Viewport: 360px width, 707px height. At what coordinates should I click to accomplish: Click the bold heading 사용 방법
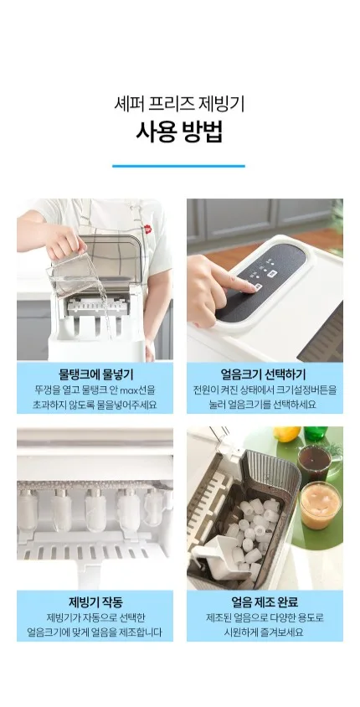click(179, 132)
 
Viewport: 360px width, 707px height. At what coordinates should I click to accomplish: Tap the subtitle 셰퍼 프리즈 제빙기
click(179, 104)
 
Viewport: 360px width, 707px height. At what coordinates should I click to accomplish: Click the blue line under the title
click(178, 166)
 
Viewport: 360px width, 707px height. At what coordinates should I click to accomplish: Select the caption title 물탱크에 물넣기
click(95, 374)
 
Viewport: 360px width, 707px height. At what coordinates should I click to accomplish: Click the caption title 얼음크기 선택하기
click(264, 374)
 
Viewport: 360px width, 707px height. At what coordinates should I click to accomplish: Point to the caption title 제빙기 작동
click(95, 602)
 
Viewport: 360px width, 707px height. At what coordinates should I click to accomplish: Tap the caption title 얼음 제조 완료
click(265, 602)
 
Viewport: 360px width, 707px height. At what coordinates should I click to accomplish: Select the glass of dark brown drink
click(315, 461)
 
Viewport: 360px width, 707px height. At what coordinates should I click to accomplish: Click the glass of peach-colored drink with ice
click(320, 505)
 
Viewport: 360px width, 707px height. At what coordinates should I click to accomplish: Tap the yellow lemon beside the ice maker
click(286, 433)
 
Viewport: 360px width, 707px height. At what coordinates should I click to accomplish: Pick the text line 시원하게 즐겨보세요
click(264, 632)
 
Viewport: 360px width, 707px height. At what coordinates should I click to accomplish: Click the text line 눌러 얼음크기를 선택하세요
click(265, 404)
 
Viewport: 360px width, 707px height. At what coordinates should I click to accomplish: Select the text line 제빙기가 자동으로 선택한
click(95, 617)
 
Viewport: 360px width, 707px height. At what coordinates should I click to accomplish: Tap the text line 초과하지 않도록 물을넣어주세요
click(95, 404)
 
